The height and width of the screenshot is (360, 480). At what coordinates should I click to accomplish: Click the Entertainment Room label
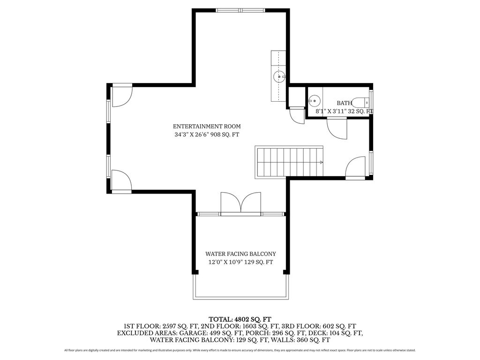(207, 126)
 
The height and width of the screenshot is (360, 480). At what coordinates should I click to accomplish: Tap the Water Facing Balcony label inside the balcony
(240, 254)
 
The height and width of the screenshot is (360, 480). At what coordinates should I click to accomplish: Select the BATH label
(345, 103)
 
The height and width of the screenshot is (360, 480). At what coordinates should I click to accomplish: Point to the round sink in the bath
(314, 100)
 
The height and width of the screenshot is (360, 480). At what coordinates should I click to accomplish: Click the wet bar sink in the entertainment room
(279, 76)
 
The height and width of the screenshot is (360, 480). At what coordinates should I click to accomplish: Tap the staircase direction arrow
(321, 162)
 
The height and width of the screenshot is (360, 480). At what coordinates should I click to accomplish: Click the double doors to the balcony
(241, 202)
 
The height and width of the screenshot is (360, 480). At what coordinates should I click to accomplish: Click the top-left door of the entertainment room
(122, 96)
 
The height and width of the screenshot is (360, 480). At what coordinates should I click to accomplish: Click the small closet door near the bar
(297, 116)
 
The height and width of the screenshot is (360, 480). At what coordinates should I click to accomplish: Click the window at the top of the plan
(240, 10)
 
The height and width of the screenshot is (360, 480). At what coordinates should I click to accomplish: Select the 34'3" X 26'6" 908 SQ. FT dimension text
(207, 135)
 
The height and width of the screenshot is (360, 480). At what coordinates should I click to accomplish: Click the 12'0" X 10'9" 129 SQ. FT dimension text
(240, 262)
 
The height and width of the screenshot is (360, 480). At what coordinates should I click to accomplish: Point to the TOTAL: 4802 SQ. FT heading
(240, 319)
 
